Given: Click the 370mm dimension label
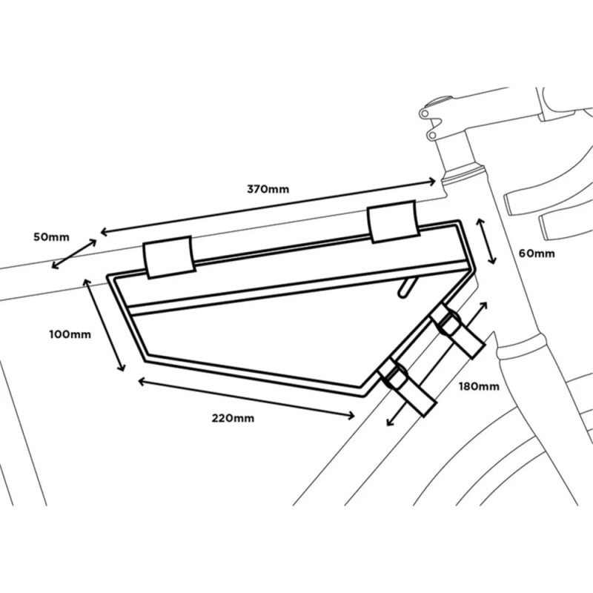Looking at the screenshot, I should coord(268,188).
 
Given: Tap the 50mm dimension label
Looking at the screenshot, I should coord(51,237).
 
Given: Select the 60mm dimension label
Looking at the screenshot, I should coord(536,253).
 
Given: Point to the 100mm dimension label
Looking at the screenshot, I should coord(70,334).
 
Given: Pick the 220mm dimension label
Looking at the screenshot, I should coord(233,418).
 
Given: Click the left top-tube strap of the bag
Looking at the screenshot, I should coord(168,256).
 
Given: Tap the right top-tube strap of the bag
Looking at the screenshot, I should coord(394,221).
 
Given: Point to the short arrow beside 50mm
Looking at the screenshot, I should coord(73,251).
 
